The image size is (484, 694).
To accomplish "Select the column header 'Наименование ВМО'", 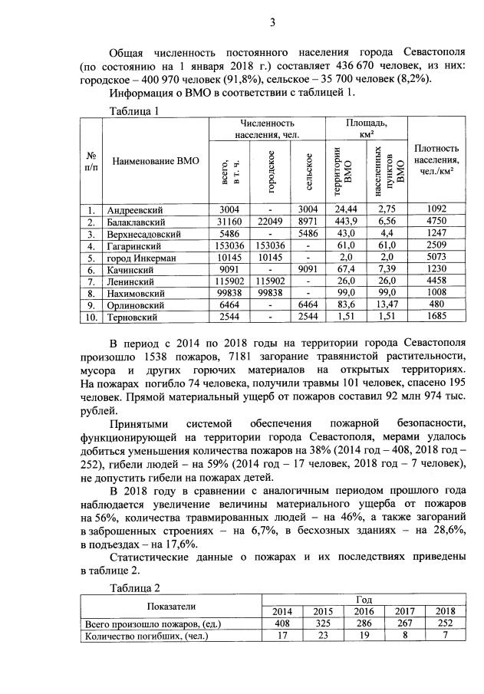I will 156,161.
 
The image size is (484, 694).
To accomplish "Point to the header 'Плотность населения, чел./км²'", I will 436,160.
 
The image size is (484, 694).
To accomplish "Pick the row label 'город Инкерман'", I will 142,258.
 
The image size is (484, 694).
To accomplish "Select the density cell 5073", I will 436,258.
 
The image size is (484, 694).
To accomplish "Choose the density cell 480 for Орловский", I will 436,304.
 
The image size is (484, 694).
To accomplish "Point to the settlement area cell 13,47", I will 386,304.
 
